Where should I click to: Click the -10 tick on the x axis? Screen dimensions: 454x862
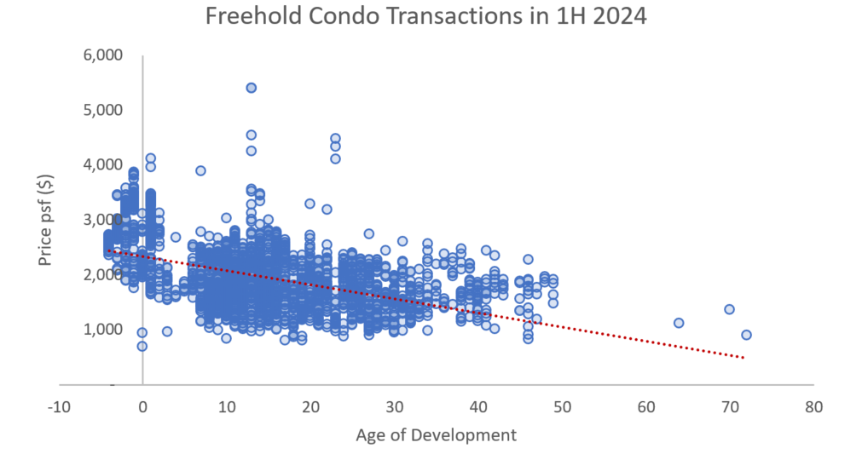click(x=58, y=407)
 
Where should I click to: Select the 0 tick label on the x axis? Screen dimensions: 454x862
click(x=142, y=407)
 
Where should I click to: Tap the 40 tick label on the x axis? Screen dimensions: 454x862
click(x=477, y=407)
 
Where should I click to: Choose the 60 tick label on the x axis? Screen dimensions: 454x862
click(x=645, y=407)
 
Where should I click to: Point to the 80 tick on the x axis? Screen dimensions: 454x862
click(x=813, y=407)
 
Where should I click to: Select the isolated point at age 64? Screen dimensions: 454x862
click(x=679, y=323)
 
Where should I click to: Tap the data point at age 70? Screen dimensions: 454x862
click(x=729, y=309)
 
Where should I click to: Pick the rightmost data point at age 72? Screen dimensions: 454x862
click(x=746, y=335)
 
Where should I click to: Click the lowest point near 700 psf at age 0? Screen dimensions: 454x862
click(x=142, y=346)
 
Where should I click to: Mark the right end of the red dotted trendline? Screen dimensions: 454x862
click(x=745, y=358)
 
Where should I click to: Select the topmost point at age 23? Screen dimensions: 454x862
click(x=335, y=138)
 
